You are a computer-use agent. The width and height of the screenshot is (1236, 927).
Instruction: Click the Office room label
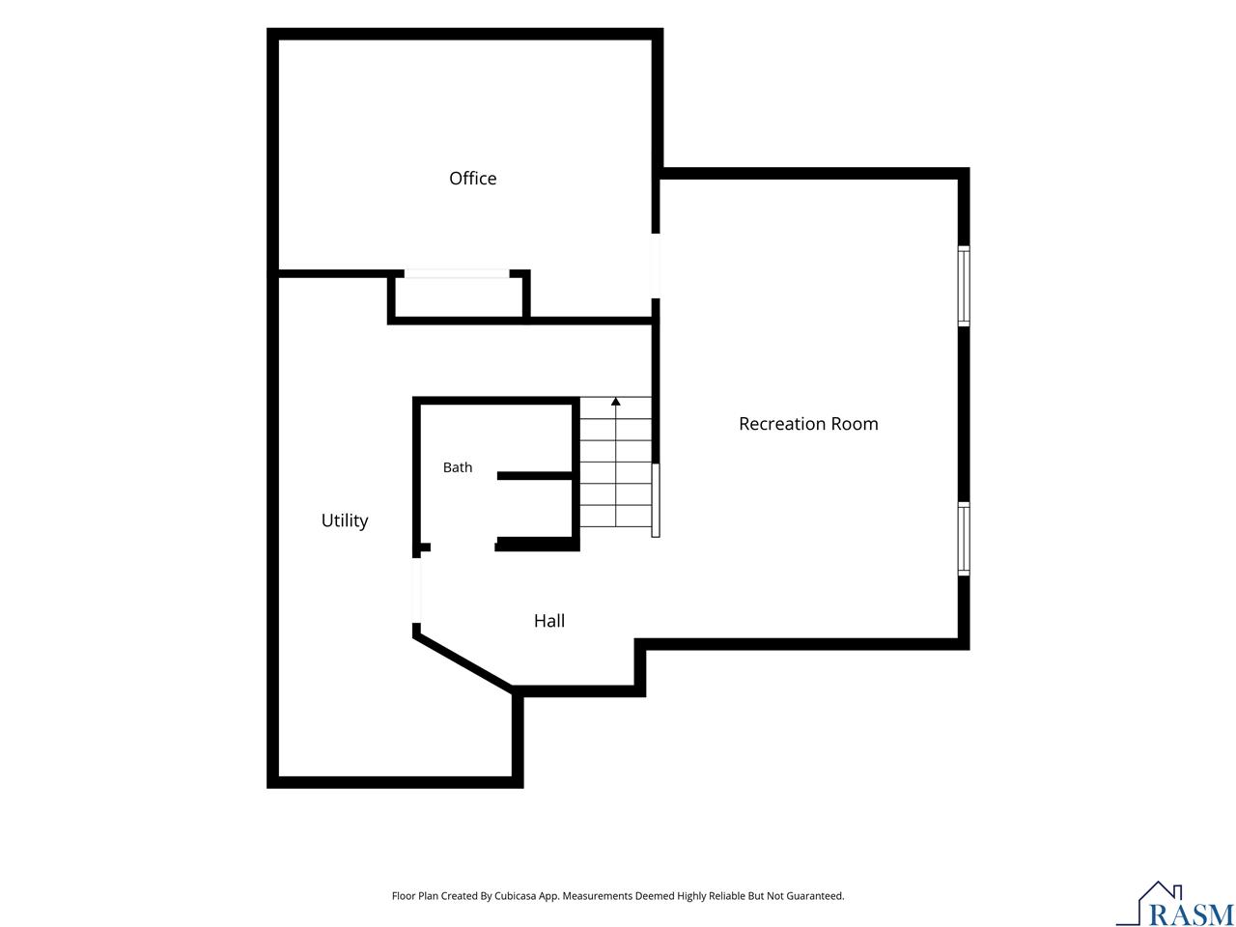click(x=472, y=179)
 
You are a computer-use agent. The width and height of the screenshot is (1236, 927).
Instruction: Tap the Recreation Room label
click(x=808, y=424)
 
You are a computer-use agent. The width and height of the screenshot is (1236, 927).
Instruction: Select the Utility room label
click(x=344, y=520)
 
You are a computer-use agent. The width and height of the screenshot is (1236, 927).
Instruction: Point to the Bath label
click(x=458, y=467)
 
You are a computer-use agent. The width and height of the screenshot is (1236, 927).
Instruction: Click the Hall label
click(x=549, y=621)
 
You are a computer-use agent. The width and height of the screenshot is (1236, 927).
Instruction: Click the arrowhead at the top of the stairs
click(x=615, y=402)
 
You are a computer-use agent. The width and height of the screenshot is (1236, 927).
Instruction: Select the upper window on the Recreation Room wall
click(x=964, y=286)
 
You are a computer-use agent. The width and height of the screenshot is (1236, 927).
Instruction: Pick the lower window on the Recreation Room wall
click(x=964, y=539)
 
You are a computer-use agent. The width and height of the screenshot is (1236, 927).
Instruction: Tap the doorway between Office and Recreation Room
click(x=656, y=266)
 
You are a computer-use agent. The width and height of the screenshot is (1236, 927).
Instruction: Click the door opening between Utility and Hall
click(x=417, y=590)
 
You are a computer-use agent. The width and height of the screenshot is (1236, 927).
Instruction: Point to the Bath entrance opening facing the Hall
click(x=463, y=547)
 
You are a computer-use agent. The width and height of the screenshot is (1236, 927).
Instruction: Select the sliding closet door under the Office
click(x=457, y=273)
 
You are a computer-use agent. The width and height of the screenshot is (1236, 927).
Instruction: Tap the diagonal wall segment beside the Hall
click(x=463, y=661)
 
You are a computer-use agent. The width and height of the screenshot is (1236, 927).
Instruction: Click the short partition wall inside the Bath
click(x=535, y=476)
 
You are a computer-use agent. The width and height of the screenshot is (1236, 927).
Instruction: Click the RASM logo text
click(x=1190, y=914)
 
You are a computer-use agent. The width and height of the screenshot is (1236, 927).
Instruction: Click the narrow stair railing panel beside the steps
click(x=656, y=500)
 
